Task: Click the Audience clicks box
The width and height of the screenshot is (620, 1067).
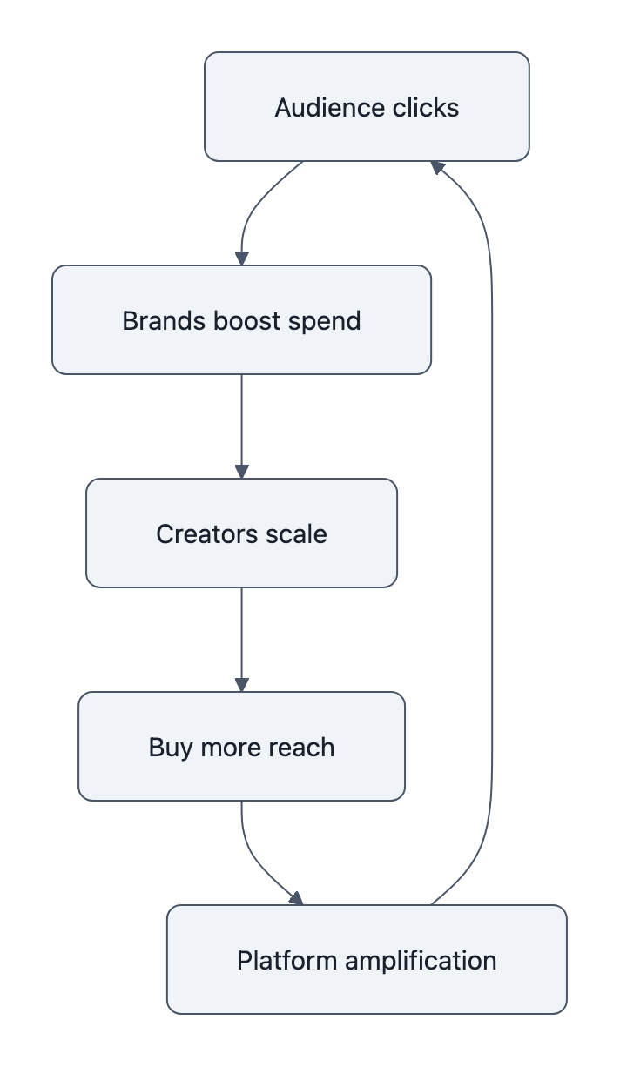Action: pos(367,107)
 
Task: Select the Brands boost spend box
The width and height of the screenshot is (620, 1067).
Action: pos(241,320)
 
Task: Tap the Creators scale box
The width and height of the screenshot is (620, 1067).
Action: pos(241,533)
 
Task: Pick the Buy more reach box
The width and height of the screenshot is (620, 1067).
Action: pos(241,747)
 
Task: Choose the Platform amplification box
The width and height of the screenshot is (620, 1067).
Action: pos(367,960)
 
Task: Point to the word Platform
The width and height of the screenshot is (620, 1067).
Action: pos(287,961)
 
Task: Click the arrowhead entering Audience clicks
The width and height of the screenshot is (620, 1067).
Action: pos(438,166)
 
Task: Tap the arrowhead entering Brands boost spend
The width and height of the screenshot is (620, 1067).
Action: pos(241,258)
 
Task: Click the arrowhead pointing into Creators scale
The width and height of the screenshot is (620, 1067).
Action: pos(241,472)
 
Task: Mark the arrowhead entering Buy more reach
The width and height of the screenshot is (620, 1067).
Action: pos(241,685)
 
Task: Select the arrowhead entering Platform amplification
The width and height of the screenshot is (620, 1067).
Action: pos(297,899)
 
